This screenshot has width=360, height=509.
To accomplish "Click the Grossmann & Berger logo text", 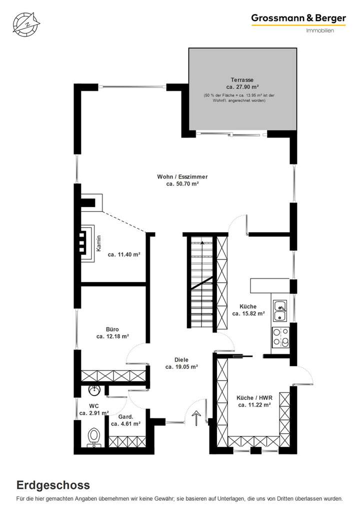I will (298, 18).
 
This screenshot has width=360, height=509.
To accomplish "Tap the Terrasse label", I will (242, 79).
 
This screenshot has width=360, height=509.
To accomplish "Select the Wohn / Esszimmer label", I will (182, 176).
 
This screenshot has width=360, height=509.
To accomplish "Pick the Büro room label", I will (112, 329).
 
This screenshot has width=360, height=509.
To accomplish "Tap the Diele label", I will (181, 359).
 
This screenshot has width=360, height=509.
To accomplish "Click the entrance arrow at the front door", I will (196, 417).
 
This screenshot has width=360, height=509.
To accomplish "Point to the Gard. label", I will (125, 416).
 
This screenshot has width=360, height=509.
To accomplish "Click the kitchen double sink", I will (279, 309).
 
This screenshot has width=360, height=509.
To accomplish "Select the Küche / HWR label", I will (254, 397).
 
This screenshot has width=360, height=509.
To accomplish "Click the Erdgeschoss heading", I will (53, 484).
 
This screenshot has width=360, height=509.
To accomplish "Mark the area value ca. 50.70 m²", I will (182, 184).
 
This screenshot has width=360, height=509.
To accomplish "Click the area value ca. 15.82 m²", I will (248, 314).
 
